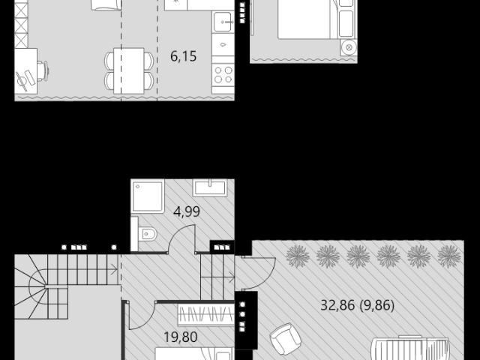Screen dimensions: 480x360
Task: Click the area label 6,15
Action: pos(183,56)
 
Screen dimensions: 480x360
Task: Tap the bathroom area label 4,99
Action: pos(187,211)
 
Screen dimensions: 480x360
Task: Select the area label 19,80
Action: pos(181,337)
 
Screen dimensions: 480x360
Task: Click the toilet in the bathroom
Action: pos(147,235)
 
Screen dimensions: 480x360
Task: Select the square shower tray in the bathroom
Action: pos(148,196)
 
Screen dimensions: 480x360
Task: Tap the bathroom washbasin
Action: pos(210,187)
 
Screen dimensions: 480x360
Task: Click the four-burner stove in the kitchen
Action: pos(223,75)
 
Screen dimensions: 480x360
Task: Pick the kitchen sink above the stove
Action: pos(223,22)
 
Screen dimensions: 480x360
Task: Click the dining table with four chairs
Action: pos(129,71)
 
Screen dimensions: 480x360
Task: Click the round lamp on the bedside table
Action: pos(349,47)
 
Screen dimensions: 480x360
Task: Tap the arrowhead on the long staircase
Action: pos(115,269)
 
